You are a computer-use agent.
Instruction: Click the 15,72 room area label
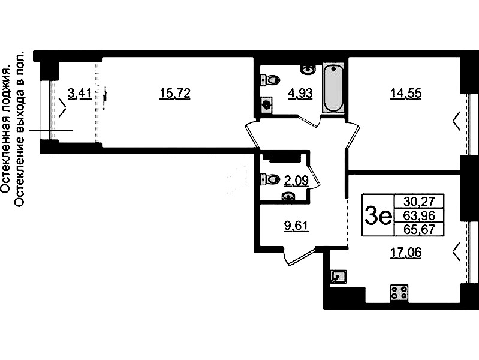(x=174, y=94)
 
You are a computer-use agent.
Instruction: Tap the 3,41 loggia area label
(x=80, y=94)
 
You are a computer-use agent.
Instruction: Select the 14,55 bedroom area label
(x=406, y=94)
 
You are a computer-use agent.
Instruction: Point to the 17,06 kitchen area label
(x=406, y=253)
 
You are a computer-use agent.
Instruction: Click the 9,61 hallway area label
(x=296, y=226)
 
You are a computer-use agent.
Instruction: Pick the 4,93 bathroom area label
(x=300, y=94)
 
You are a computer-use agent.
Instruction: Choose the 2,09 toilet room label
(x=296, y=181)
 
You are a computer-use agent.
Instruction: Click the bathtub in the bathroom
(x=333, y=88)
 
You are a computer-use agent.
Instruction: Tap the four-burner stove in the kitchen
(x=399, y=292)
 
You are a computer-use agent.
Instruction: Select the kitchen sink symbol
(x=339, y=277)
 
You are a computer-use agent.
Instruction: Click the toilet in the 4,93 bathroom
(x=270, y=80)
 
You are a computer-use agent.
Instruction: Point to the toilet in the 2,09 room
(x=270, y=179)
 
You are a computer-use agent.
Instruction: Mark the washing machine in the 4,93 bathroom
(x=266, y=105)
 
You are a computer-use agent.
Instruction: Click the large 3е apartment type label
(x=378, y=215)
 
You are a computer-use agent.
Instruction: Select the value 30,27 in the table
(x=419, y=201)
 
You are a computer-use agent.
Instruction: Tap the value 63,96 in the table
(x=419, y=215)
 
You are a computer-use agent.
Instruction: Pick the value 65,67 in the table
(x=419, y=229)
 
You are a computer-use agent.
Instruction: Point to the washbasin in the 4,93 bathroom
(x=308, y=70)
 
